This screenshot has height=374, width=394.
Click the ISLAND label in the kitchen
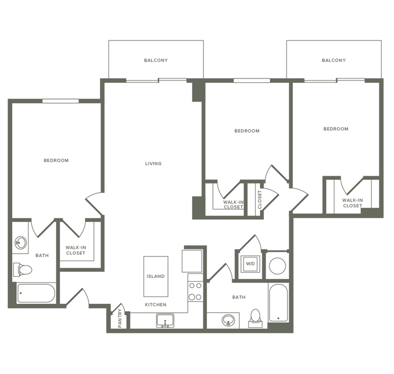pos(156,276)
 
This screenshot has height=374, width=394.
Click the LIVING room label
pos(153,164)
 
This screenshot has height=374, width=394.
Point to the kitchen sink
pos(165,320)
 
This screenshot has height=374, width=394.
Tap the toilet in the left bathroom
pos(23,270)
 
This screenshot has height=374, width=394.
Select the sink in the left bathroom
pos(20,242)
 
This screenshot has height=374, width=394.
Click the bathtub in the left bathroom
pos(36,294)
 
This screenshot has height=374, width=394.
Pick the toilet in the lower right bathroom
pos(255,318)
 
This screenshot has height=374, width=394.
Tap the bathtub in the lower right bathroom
pos(279,303)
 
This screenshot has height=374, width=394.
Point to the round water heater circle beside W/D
pos(277,266)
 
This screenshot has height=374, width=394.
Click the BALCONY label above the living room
pos(156,60)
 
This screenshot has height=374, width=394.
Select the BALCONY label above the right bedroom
pos(334,60)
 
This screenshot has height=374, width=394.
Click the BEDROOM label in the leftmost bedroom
pos(56,160)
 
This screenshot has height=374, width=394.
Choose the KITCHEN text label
pos(156,305)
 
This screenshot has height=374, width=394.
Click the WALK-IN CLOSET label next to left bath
pos(75,250)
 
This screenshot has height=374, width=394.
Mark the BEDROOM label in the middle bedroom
pos(247,131)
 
